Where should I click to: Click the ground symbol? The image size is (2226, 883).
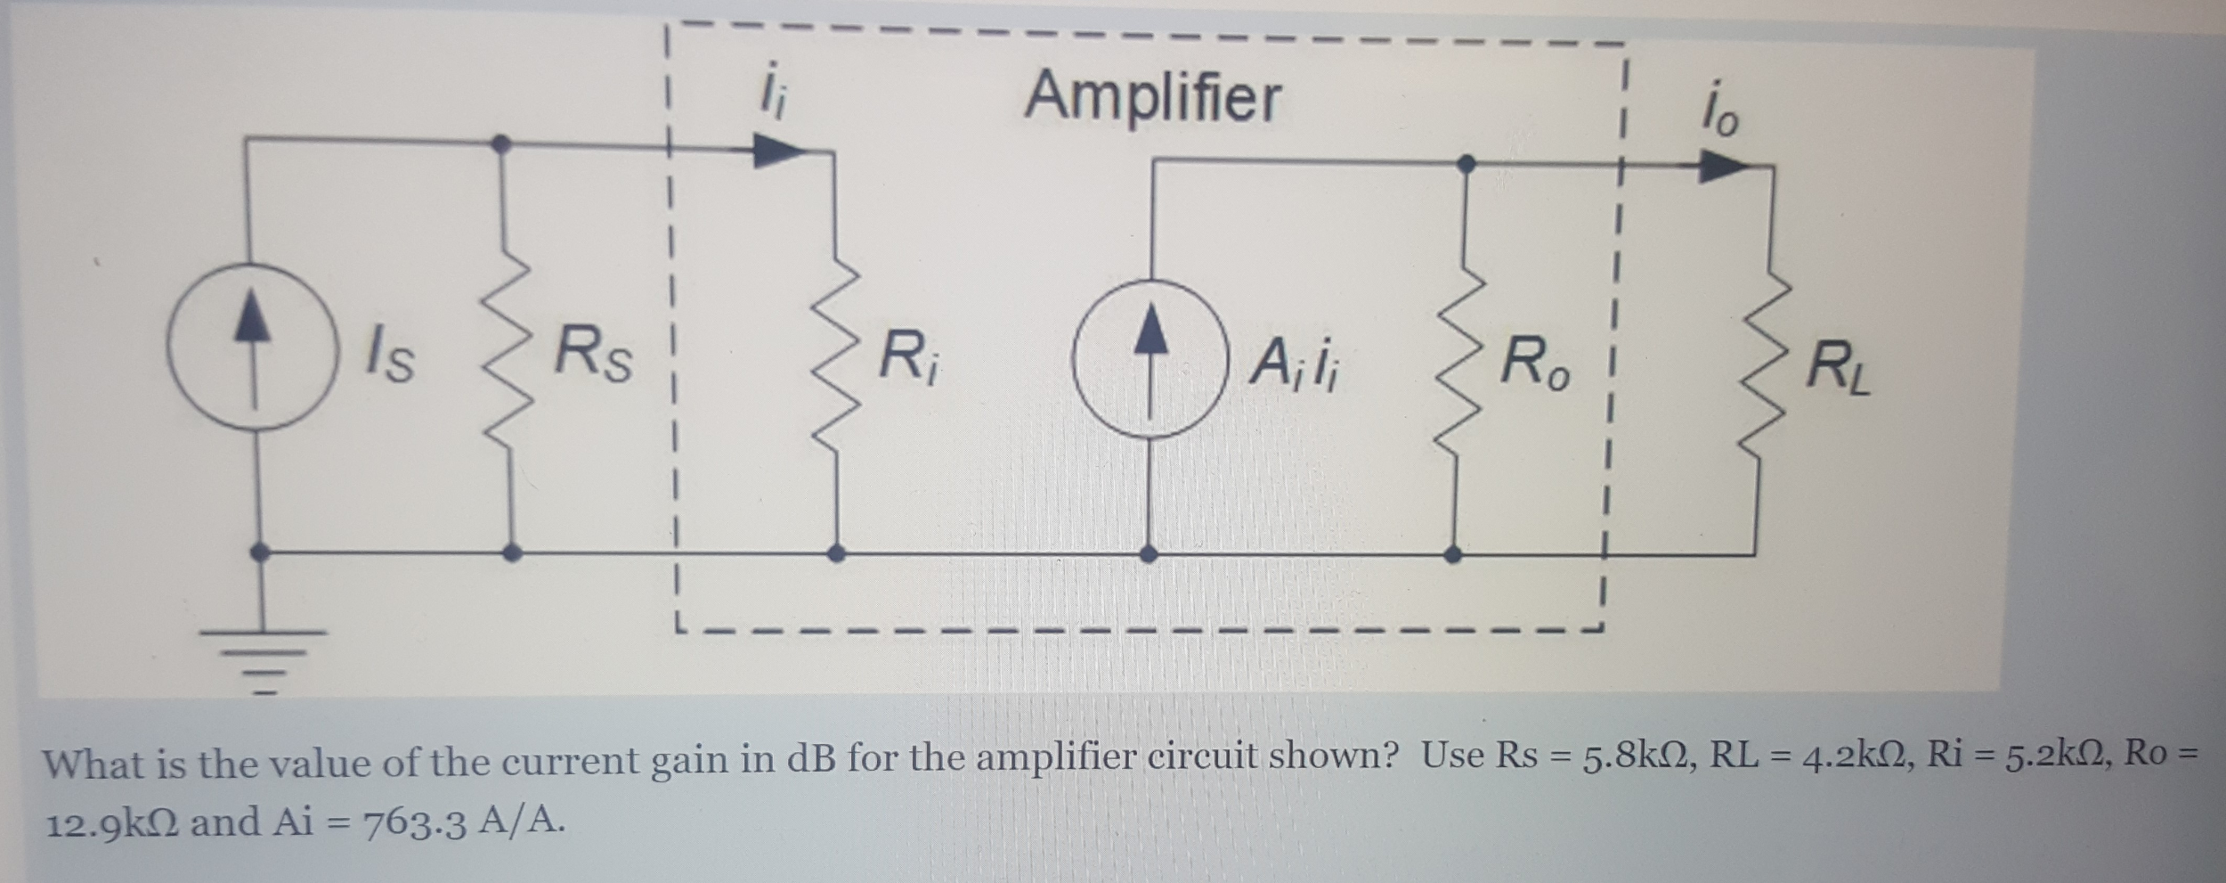click(x=262, y=654)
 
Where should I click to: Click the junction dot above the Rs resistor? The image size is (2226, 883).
click(x=502, y=143)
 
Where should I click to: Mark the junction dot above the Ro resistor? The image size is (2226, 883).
click(x=1469, y=163)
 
